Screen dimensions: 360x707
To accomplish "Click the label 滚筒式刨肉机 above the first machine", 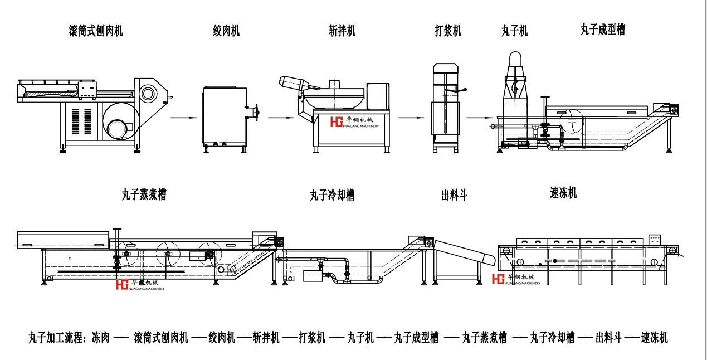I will (96, 31).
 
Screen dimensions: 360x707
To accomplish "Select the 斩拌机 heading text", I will (342, 31).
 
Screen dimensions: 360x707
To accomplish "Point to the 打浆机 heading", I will (448, 31).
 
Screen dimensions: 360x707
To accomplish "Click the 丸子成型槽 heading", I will (602, 30).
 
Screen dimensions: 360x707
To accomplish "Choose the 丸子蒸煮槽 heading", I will (144, 194).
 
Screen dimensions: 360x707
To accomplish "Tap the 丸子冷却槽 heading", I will (332, 196).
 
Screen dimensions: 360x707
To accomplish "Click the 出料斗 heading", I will (454, 196).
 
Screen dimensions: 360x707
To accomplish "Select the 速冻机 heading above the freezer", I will (563, 193).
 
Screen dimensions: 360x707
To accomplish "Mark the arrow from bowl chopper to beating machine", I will (412, 118).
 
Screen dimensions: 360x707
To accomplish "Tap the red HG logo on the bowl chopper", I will (337, 122).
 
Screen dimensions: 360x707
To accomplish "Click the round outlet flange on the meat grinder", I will (256, 112).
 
